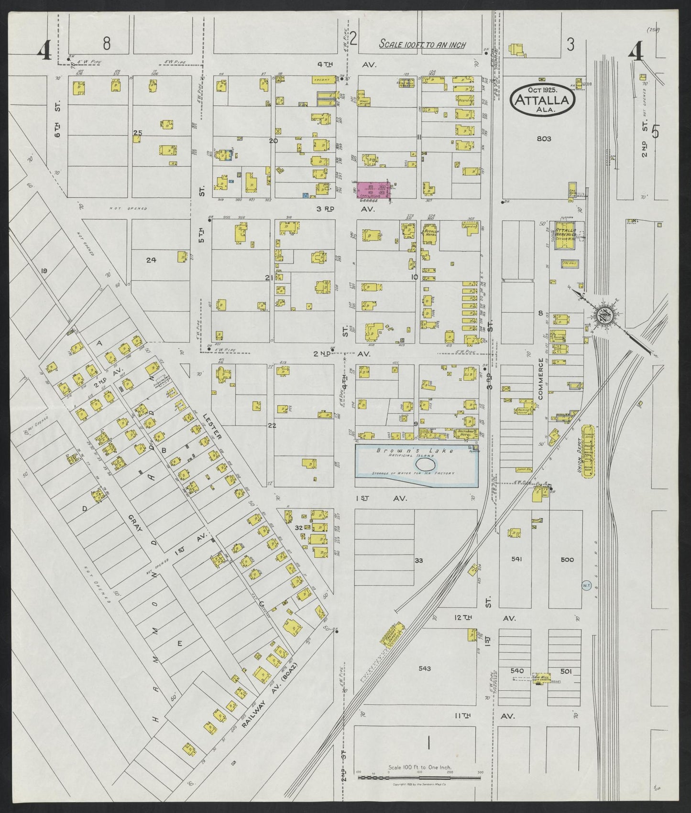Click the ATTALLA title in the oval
click(x=542, y=100)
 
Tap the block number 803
click(x=544, y=139)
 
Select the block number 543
click(x=424, y=668)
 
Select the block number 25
click(x=138, y=132)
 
